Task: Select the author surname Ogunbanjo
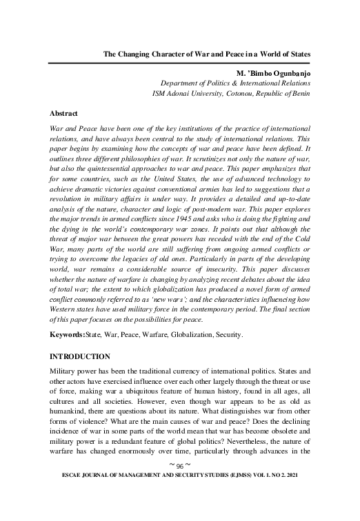pyautogui.click(x=285, y=71)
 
